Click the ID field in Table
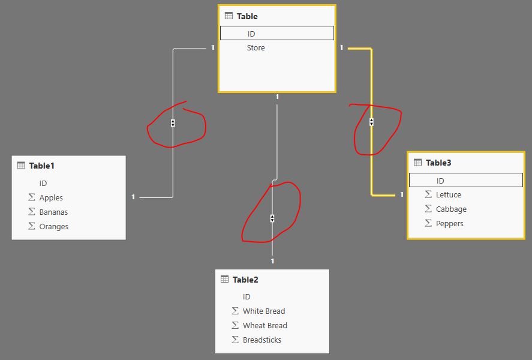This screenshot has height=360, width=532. click(251, 34)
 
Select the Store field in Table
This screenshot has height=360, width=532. click(256, 48)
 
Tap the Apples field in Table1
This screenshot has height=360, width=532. click(51, 197)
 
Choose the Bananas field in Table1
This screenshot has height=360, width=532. click(53, 212)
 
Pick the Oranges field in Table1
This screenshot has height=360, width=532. click(53, 226)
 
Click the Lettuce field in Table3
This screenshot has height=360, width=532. click(448, 195)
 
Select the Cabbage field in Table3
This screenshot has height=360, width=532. click(451, 209)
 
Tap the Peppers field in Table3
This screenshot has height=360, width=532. click(450, 224)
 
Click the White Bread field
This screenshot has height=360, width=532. click(264, 311)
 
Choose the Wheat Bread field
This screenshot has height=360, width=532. click(265, 325)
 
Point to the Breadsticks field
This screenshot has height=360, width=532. click(262, 340)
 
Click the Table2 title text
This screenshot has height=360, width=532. click(245, 280)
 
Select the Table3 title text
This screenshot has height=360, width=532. click(438, 163)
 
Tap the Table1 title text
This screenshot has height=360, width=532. click(42, 166)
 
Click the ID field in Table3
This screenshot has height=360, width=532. click(440, 181)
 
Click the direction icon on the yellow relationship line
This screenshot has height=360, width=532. click(371, 122)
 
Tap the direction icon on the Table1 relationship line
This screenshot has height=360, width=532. click(173, 123)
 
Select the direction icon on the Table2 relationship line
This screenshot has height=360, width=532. click(272, 218)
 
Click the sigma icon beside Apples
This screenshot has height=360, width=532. click(32, 197)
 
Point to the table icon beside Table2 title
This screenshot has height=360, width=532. click(224, 279)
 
